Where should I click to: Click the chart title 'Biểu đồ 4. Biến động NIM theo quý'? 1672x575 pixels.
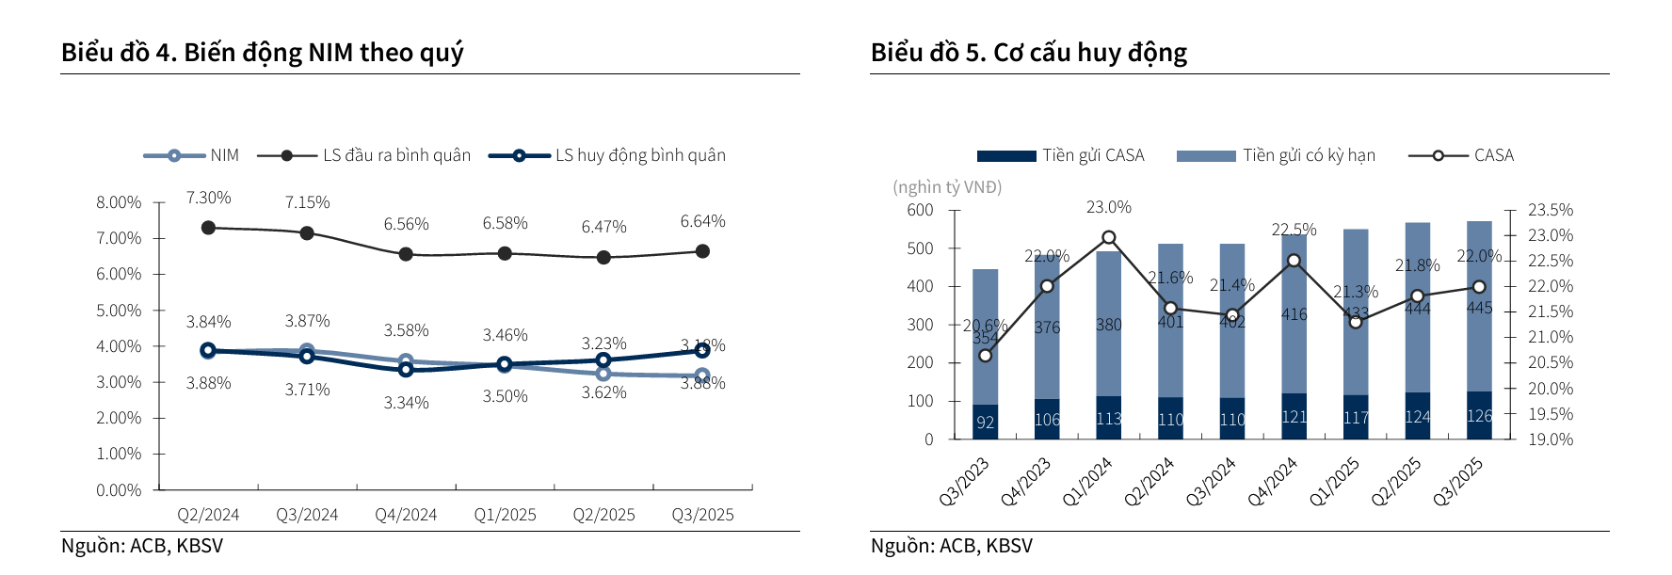[x=262, y=53]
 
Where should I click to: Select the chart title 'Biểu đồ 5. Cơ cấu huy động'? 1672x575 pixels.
[x=1028, y=53]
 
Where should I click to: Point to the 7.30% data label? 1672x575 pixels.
[x=208, y=198]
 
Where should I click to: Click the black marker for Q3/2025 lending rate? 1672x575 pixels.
[x=702, y=251]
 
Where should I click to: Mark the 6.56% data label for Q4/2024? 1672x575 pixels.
[x=406, y=224]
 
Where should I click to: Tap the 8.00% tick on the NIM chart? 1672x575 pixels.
[x=119, y=202]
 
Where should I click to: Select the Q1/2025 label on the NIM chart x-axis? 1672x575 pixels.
[x=505, y=515]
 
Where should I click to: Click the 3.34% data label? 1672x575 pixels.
[x=406, y=403]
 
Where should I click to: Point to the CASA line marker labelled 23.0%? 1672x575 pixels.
[x=1109, y=238]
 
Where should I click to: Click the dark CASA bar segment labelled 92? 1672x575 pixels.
[x=986, y=422]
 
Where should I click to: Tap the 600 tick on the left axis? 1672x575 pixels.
[x=920, y=210]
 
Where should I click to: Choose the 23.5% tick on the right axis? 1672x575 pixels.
[x=1550, y=210]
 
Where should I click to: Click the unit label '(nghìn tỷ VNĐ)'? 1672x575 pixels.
[x=947, y=187]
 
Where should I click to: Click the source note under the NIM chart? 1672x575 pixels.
[x=142, y=546]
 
